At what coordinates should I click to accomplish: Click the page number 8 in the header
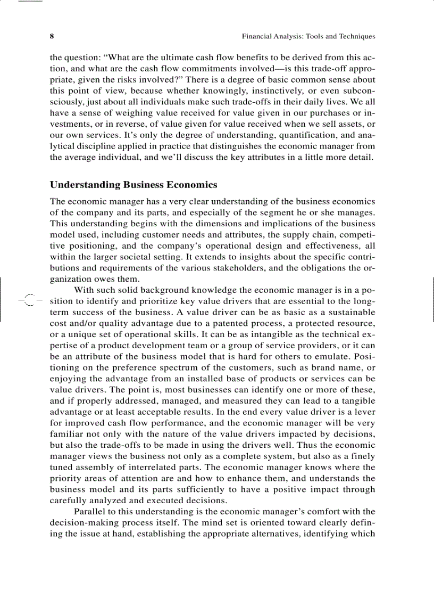52,37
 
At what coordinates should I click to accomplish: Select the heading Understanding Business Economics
133,185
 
